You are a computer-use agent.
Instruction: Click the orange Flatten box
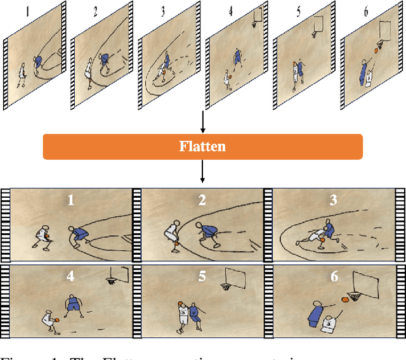tap(202, 146)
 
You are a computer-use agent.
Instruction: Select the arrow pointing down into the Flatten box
tap(202, 122)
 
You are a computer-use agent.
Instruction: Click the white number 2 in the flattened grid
tap(202, 201)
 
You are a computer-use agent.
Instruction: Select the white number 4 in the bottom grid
tap(70, 276)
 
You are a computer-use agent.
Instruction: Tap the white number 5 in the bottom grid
tap(202, 276)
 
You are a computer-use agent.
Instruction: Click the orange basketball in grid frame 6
tap(345, 299)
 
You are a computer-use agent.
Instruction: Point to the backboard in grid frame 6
tap(367, 281)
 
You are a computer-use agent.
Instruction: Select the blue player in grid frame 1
tap(79, 235)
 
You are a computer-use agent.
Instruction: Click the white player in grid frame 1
tap(43, 236)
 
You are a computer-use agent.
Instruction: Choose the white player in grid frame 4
tap(51, 320)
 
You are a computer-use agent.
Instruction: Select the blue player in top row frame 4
tap(237, 58)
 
